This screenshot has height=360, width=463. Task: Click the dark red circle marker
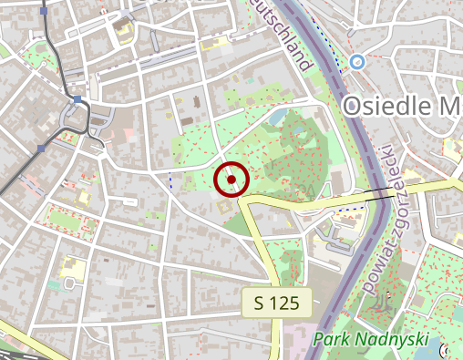point(231,180)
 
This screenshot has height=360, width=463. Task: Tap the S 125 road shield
point(277,303)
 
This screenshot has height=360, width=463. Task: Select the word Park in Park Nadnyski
point(332,341)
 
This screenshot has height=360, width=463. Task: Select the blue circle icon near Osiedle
point(357,61)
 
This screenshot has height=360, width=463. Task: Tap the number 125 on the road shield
point(284,303)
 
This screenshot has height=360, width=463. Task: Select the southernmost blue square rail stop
point(42,147)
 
